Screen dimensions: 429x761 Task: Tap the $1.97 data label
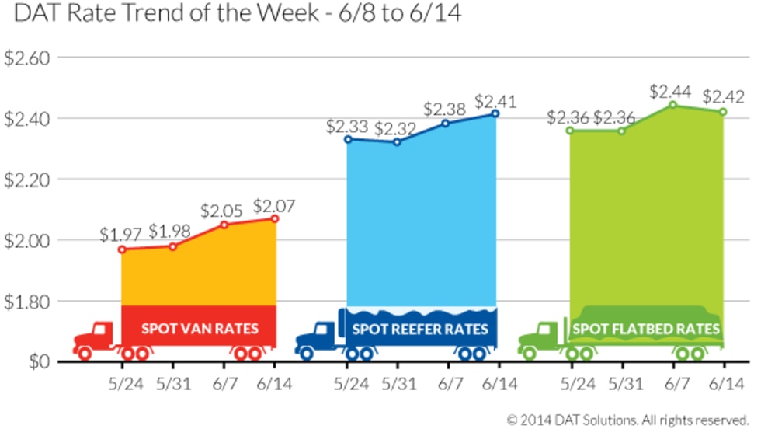(x=121, y=235)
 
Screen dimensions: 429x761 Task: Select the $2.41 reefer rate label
(x=495, y=101)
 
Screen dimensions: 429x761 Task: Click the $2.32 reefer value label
(x=395, y=128)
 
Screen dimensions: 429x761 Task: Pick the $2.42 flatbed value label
(x=724, y=98)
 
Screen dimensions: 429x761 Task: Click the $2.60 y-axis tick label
(x=26, y=58)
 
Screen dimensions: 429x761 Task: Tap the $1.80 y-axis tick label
(x=26, y=301)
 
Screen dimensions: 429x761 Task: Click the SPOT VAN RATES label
(x=200, y=328)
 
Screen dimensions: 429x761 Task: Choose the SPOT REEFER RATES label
(x=421, y=328)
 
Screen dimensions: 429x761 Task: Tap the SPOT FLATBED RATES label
(x=646, y=328)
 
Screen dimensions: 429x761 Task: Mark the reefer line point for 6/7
(x=446, y=123)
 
